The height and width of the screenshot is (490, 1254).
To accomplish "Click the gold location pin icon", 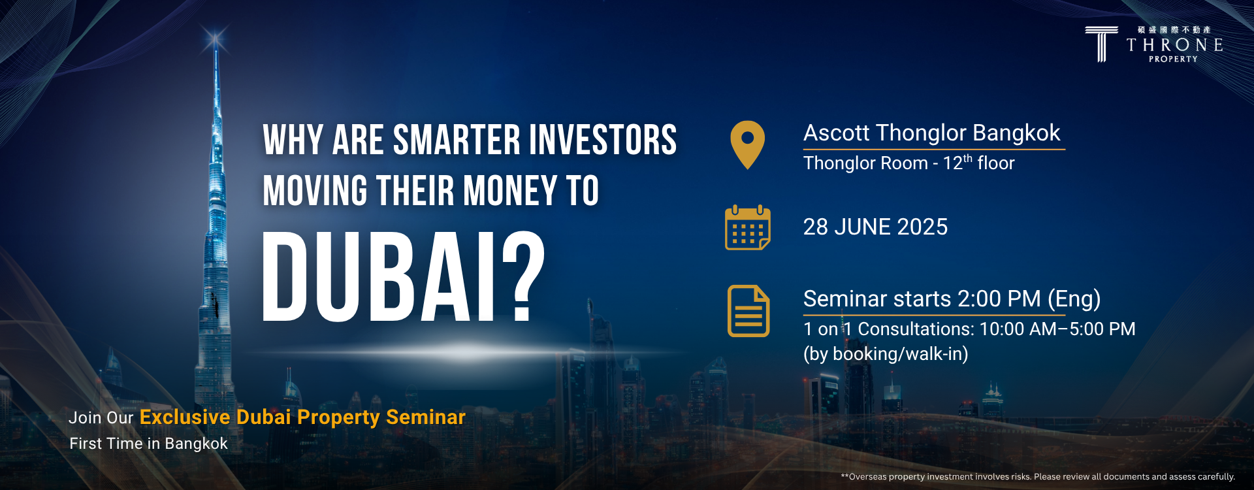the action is point(748,144).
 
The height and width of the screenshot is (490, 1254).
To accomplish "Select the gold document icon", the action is point(748,311).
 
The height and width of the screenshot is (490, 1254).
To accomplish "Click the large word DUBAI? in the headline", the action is point(404,277).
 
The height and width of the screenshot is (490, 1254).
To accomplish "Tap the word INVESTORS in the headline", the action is point(603,140).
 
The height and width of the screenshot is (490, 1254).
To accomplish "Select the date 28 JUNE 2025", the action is point(875,227).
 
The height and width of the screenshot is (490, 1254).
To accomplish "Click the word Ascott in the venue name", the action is point(837,133).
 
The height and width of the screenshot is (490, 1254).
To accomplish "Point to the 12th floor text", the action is point(978,163).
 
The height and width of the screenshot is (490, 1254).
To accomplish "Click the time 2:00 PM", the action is point(999,299).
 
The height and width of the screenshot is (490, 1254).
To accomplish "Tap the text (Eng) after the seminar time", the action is point(1074,299).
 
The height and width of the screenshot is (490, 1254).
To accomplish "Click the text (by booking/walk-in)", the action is point(886,354).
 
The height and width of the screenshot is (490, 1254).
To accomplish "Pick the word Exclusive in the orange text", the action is point(185,417).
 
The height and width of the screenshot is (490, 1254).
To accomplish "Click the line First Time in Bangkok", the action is point(149,444).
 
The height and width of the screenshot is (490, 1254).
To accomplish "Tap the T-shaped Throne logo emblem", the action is point(1101,44).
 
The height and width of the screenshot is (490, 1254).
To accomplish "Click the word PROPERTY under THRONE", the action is point(1173,59).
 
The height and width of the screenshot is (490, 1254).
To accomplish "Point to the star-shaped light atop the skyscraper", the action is point(215,41).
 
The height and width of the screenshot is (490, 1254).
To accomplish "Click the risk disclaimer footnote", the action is point(1038,477).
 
